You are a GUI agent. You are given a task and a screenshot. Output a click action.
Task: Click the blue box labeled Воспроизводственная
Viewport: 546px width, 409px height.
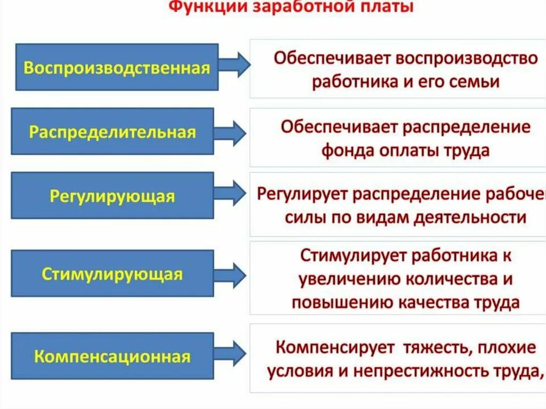point(117,67)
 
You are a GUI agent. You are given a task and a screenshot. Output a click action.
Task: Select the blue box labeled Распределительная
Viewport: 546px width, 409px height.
point(113,131)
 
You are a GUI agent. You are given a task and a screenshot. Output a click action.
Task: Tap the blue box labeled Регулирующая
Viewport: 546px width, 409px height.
point(113,195)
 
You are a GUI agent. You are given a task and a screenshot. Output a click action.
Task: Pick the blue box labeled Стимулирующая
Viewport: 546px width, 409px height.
point(113,274)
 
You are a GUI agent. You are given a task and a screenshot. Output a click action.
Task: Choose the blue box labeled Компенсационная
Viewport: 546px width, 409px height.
point(113,356)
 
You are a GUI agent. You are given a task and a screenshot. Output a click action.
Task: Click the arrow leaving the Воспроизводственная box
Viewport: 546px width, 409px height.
point(235,65)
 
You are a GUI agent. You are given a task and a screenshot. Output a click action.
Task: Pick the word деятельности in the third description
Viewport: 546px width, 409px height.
point(468,218)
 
